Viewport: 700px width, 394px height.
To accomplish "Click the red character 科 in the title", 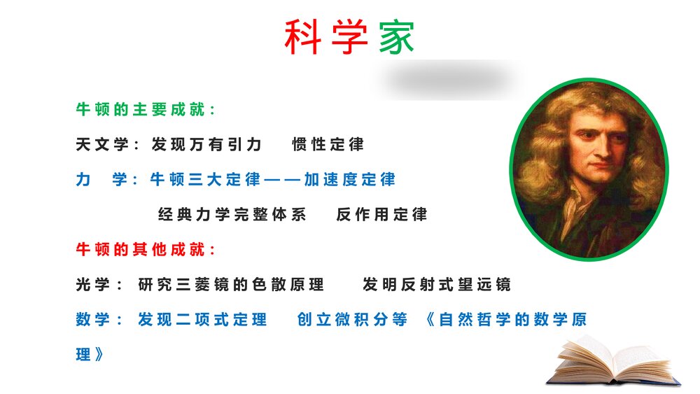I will point(302,37).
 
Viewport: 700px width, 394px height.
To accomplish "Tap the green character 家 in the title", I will point(397,37).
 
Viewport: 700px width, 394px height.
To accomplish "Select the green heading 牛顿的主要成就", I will point(146,110).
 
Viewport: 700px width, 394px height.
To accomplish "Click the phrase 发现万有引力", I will point(206,145).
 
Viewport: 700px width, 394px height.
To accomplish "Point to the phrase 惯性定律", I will point(328,145).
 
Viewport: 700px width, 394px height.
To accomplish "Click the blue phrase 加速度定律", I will point(349,180).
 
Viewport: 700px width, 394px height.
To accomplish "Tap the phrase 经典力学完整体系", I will point(232,215).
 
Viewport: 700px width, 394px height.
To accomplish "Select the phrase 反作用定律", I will point(381,215).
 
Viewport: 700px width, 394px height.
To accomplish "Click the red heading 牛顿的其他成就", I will point(146,250).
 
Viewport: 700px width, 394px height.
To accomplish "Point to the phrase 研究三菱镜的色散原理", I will point(231,285).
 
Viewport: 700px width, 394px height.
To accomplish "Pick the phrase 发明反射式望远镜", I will point(437,285).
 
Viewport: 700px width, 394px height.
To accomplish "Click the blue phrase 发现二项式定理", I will point(202,320).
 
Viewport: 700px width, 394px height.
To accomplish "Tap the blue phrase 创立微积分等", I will point(352,320).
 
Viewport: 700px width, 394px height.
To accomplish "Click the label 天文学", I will point(102,145).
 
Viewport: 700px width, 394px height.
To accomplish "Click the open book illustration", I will point(614,360).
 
